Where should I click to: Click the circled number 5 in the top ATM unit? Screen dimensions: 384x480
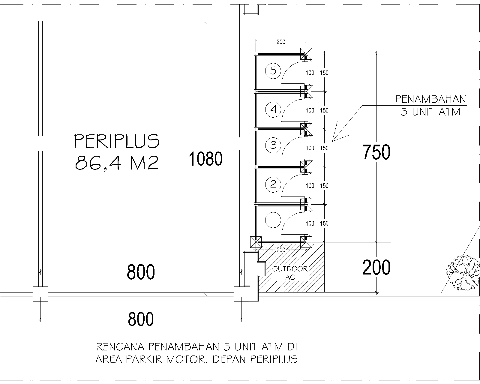[273, 71]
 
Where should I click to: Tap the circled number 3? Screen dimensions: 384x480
[273, 145]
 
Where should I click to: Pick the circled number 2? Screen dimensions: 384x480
[273, 184]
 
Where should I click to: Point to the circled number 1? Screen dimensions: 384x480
[273, 221]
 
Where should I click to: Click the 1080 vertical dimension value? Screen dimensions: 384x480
[206, 159]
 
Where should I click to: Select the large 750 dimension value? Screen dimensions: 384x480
[376, 152]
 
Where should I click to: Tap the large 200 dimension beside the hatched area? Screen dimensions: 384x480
[376, 267]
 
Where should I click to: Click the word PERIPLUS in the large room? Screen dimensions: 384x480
[117, 141]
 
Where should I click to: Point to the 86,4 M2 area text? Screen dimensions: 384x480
[117, 163]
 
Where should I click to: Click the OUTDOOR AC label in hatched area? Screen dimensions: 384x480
[290, 273]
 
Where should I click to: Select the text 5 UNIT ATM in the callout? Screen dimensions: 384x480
[430, 112]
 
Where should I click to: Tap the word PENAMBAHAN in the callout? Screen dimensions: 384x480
[430, 99]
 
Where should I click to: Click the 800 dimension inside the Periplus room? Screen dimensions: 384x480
[141, 272]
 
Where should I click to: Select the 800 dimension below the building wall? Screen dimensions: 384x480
[141, 319]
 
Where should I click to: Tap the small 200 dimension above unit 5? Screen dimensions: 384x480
[281, 42]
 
